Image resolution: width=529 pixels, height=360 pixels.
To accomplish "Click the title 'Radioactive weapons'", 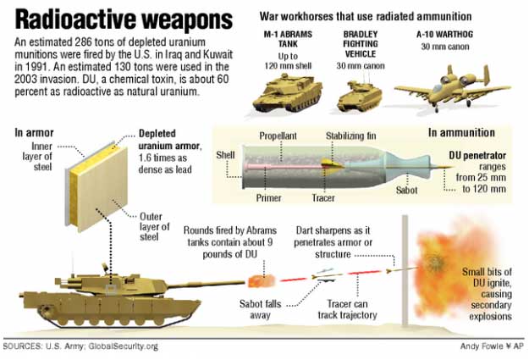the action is click(124, 20).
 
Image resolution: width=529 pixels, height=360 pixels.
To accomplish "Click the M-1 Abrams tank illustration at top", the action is click(288, 93).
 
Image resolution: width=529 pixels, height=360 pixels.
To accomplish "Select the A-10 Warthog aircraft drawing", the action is click(453, 89).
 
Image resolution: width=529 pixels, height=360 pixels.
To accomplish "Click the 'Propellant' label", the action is click(278, 136).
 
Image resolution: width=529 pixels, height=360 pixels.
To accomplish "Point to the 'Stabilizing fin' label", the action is click(351, 136).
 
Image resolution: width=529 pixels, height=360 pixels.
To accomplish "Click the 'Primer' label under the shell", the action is click(268, 197).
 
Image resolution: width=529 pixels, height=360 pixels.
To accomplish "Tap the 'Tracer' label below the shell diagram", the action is click(323, 197).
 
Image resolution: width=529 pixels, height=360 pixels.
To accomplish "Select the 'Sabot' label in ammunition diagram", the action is click(407, 190).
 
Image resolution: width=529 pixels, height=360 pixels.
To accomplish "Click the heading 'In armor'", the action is click(34, 133).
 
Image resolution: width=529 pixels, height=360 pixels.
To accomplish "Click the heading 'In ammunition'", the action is click(461, 132).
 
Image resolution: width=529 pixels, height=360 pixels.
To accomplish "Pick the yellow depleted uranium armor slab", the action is click(98, 188).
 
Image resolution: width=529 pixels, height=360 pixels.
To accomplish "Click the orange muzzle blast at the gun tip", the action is click(262, 281).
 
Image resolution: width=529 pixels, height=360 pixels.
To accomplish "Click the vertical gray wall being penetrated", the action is click(405, 271).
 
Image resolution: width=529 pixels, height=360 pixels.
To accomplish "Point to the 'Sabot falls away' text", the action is click(260, 309).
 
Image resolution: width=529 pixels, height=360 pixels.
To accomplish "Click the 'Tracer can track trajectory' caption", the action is click(348, 309).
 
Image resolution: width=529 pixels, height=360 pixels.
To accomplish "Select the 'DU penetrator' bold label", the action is click(477, 155).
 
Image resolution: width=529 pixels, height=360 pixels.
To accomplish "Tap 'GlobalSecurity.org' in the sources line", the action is click(123, 346).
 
